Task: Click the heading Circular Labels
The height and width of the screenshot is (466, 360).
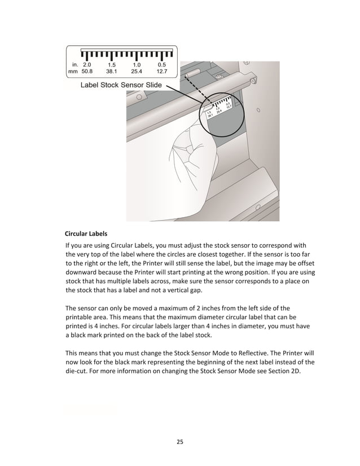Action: click(x=86, y=233)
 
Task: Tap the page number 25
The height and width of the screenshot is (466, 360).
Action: click(x=179, y=441)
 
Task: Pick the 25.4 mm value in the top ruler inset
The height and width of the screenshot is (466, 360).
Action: click(x=137, y=72)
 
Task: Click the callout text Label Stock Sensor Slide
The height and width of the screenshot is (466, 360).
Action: click(x=121, y=85)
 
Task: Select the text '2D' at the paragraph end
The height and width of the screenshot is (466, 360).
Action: click(x=298, y=371)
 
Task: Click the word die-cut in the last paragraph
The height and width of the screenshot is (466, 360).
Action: click(x=79, y=371)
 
